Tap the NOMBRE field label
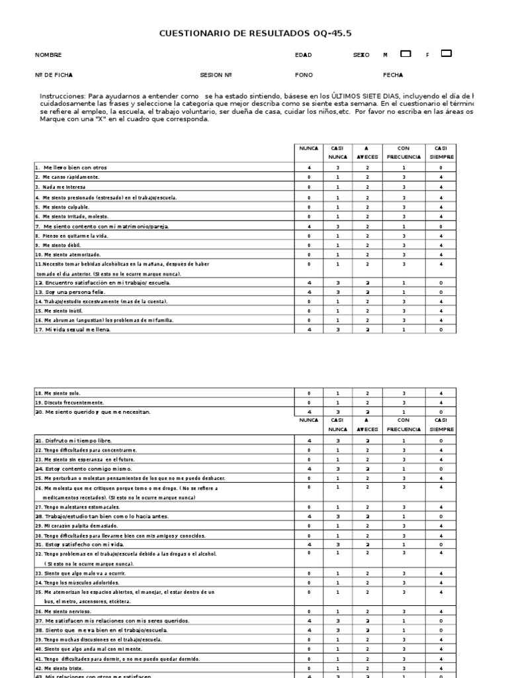coord(48,56)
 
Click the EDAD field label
coord(303,56)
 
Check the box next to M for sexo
coord(406,54)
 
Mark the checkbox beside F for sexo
coord(446,54)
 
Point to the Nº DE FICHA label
coord(54,75)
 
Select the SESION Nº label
coord(216,75)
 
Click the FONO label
coord(304,75)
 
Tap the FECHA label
coord(393,75)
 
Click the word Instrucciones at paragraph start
coord(63,96)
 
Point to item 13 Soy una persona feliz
coord(70,292)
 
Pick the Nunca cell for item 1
coord(308,168)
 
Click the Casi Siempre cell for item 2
coord(441,177)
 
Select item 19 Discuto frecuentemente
coord(69,402)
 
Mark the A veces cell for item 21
coord(367,440)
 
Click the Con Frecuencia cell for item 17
coord(403,329)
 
